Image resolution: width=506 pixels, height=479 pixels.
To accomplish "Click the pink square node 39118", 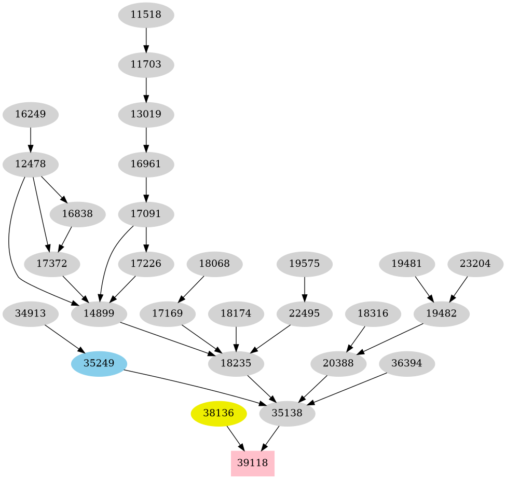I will (252, 463).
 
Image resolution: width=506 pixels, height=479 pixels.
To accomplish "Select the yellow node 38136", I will (218, 414).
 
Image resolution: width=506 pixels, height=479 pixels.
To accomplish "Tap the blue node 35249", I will (99, 363).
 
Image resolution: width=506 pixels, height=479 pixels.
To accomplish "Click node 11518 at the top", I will (146, 15).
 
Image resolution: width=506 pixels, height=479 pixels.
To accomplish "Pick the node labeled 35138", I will (288, 414).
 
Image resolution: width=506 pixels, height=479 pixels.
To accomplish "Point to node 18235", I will (236, 364).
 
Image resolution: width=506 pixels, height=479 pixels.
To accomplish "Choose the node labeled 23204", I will (475, 264).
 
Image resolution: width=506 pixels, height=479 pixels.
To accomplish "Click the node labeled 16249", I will (31, 114).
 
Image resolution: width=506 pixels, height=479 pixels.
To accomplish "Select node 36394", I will (407, 363).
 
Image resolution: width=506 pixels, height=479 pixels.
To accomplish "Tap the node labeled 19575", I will (304, 264).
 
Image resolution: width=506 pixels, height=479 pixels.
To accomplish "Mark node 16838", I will (77, 214).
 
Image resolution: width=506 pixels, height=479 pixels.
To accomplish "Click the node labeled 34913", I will (30, 313).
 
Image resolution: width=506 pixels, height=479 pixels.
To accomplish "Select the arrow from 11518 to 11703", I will (146, 39).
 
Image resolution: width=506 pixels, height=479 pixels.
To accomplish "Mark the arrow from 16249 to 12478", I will (31, 139).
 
